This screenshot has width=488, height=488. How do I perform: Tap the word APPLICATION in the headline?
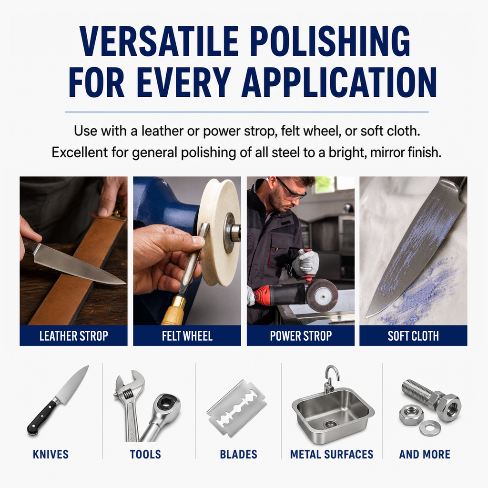[x=339, y=82]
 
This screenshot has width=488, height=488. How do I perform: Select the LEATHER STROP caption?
[x=74, y=336]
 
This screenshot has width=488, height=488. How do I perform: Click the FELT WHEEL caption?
[x=187, y=336]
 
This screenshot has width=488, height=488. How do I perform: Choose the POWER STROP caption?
[x=301, y=336]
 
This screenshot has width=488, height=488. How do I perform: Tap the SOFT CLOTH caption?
[x=413, y=336]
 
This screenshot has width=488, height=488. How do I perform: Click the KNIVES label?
[x=51, y=454]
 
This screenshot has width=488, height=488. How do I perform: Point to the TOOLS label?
[x=145, y=454]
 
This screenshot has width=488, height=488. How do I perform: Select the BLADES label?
[x=239, y=454]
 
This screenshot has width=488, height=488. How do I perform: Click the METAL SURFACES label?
[x=332, y=454]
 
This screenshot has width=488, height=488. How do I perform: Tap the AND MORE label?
[x=425, y=454]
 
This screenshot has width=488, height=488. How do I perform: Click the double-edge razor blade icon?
[x=236, y=408]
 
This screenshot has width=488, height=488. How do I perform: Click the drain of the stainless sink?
[x=330, y=424]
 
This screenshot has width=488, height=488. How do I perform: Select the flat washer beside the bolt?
[x=430, y=428]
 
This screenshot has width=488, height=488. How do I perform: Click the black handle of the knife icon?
[x=42, y=417]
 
